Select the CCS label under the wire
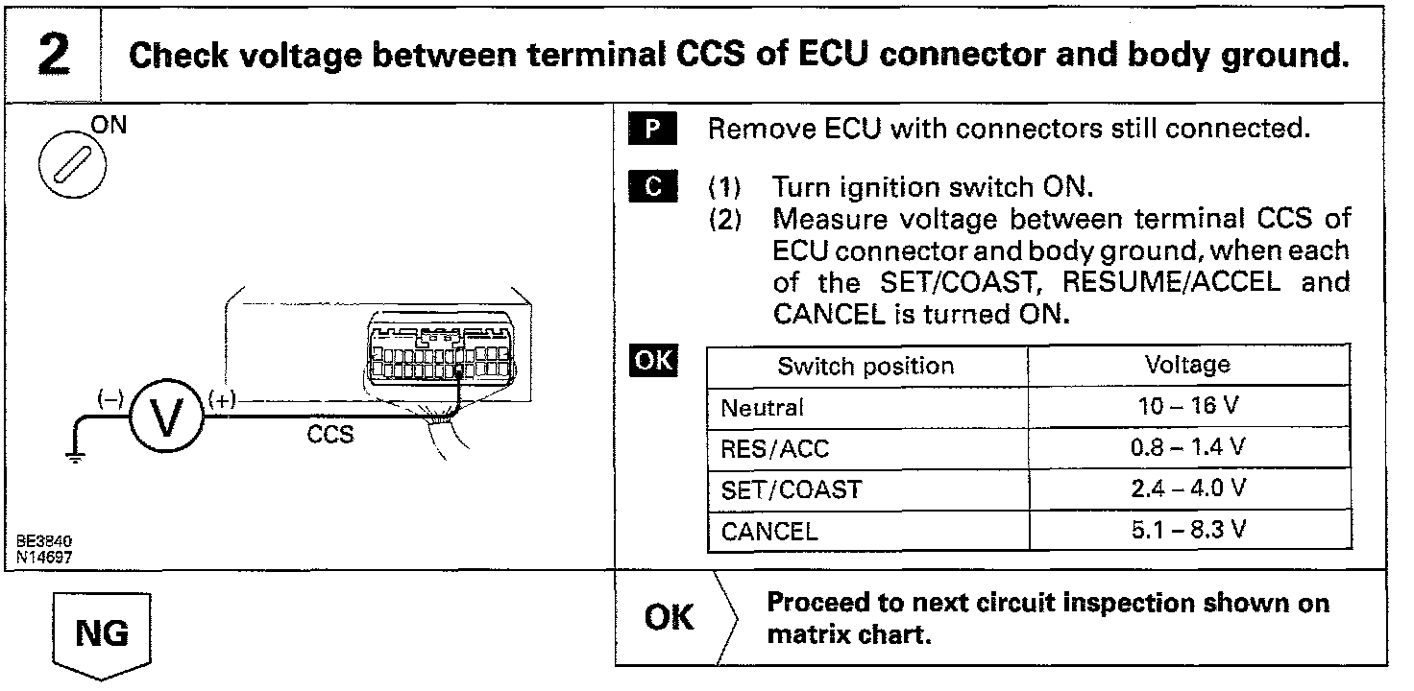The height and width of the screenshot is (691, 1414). pos(329,435)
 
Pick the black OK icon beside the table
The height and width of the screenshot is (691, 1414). pos(652,362)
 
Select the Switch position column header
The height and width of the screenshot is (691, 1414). pos(865,366)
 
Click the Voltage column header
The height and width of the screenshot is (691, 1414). pos(1187,366)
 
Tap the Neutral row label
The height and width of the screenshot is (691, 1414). pos(763,408)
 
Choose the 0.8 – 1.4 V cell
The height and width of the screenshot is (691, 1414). pos(1187,448)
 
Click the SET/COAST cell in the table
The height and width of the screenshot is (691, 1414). pos(791,489)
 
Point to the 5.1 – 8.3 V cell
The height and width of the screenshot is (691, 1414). pos(1187,530)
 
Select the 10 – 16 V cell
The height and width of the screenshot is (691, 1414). pos(1187,407)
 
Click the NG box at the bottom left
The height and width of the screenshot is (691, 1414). pos(102,633)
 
